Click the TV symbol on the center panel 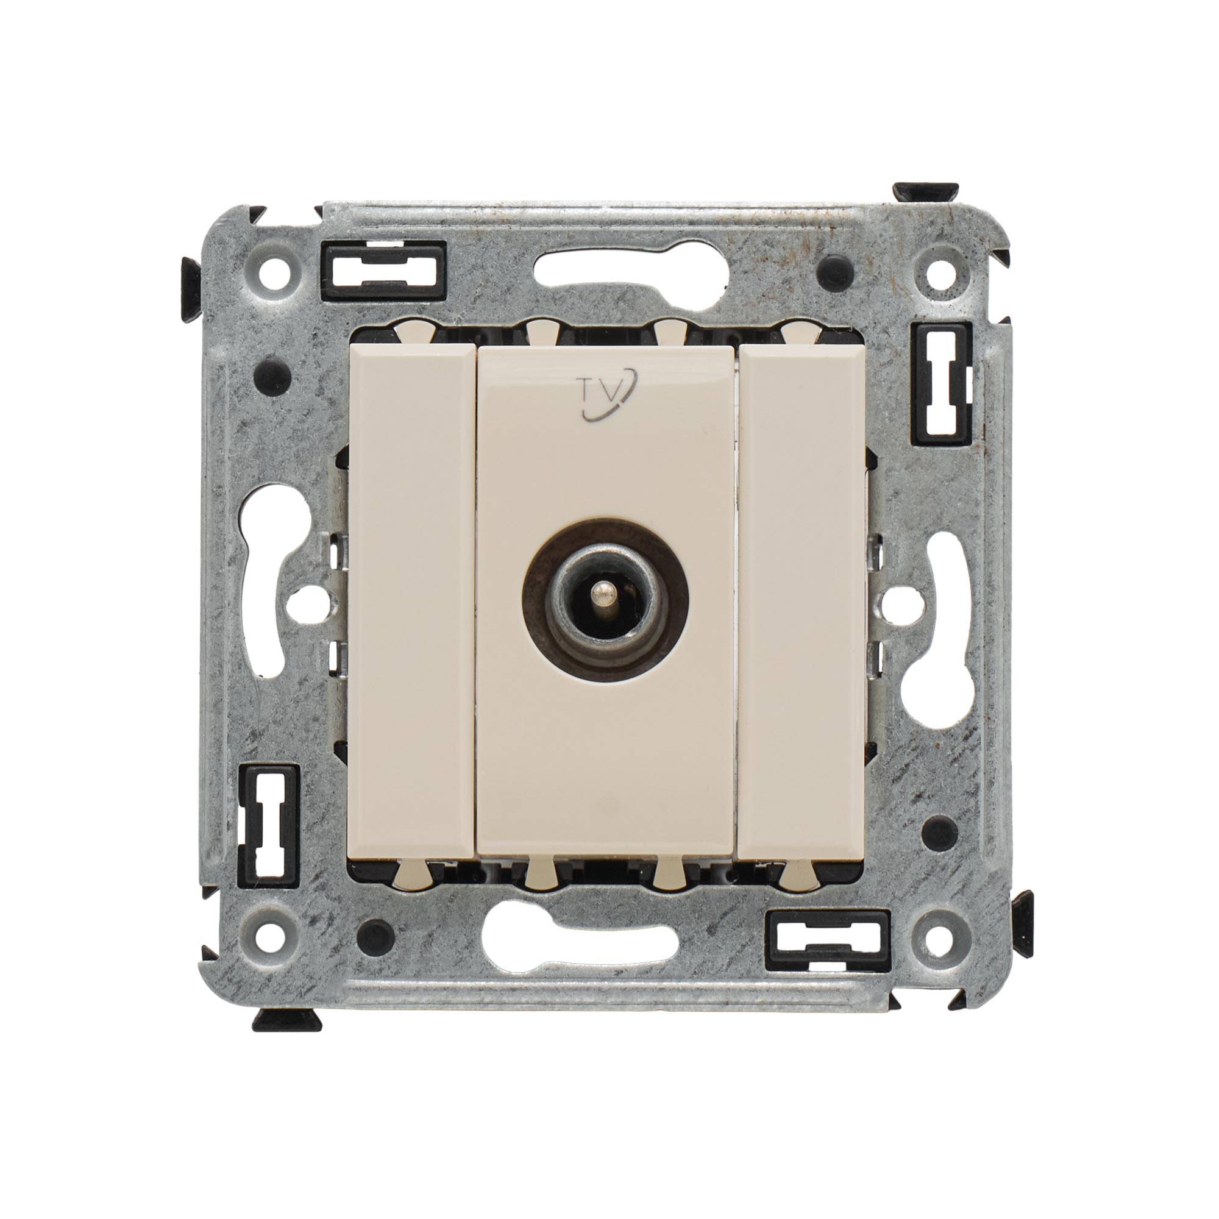(608, 394)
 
